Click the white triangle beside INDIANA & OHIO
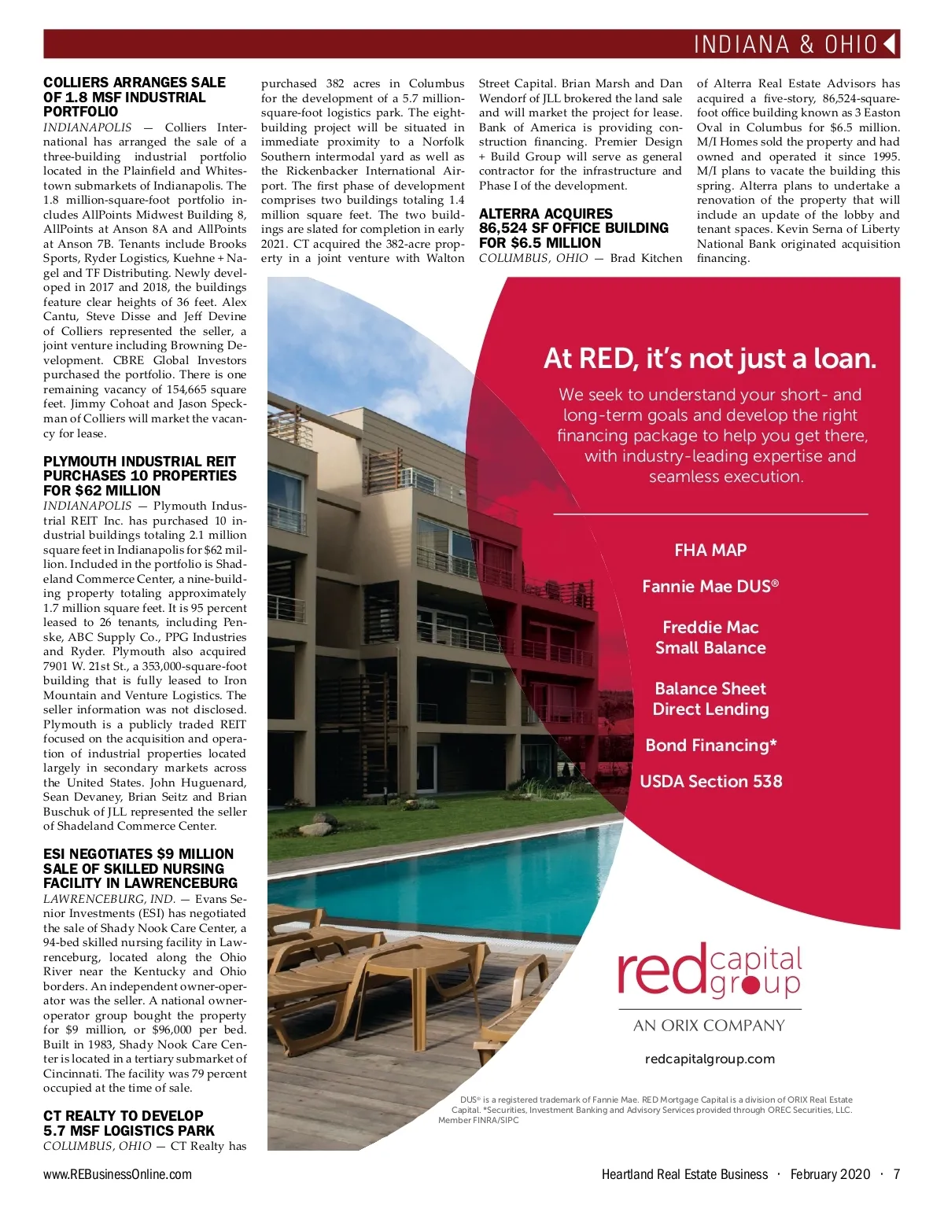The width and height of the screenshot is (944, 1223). pyautogui.click(x=890, y=44)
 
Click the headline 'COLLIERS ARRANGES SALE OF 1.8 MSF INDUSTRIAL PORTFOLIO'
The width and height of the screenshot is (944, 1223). pyautogui.click(x=135, y=98)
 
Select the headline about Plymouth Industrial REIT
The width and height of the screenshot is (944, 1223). pyautogui.click(x=140, y=476)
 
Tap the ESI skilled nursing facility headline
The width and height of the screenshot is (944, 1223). pyautogui.click(x=140, y=868)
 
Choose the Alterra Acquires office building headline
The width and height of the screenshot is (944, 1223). pyautogui.click(x=574, y=228)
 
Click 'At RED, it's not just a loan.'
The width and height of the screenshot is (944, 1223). pyautogui.click(x=710, y=359)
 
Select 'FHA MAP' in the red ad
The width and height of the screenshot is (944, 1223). pyautogui.click(x=710, y=551)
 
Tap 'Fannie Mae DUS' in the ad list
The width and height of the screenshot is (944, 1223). pyautogui.click(x=710, y=587)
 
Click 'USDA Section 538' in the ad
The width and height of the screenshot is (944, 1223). pyautogui.click(x=711, y=782)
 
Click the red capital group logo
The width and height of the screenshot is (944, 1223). pyautogui.click(x=710, y=972)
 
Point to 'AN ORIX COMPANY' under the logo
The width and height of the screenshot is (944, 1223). pyautogui.click(x=710, y=1026)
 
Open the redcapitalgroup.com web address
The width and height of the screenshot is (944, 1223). pyautogui.click(x=710, y=1059)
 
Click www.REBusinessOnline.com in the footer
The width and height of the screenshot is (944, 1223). pyautogui.click(x=118, y=1174)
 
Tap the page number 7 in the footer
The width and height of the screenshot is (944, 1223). pyautogui.click(x=897, y=1174)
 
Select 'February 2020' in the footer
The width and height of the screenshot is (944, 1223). pyautogui.click(x=830, y=1174)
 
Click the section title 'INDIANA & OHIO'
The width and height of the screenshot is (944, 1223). pyautogui.click(x=785, y=44)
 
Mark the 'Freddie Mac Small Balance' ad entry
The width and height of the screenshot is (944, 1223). pyautogui.click(x=711, y=638)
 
